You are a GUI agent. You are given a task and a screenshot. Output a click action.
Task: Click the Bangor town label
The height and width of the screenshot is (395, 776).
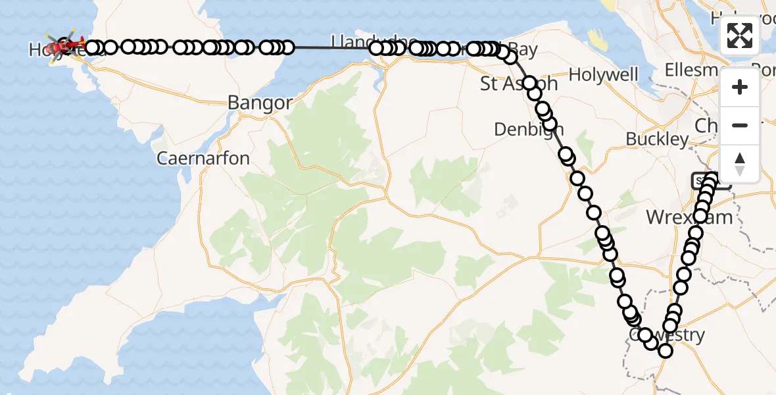click(x=260, y=103)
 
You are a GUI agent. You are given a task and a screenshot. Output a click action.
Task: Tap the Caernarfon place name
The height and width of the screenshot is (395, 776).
click(x=203, y=159)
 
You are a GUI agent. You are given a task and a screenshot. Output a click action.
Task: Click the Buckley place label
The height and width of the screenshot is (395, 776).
click(x=657, y=140)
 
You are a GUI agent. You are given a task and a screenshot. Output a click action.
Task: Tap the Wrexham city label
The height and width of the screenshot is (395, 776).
click(x=689, y=217)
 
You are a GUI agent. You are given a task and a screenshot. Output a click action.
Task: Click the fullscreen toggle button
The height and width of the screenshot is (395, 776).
click(x=740, y=36)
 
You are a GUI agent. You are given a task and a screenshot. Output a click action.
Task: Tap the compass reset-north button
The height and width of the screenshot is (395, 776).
click(x=740, y=163)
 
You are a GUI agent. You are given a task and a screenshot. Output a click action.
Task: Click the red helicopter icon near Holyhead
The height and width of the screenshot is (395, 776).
click(x=66, y=46)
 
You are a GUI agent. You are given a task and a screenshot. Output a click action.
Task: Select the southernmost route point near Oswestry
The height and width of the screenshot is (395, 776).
click(x=666, y=351)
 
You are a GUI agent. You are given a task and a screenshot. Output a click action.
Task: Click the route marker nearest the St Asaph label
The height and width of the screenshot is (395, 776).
click(x=530, y=83)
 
